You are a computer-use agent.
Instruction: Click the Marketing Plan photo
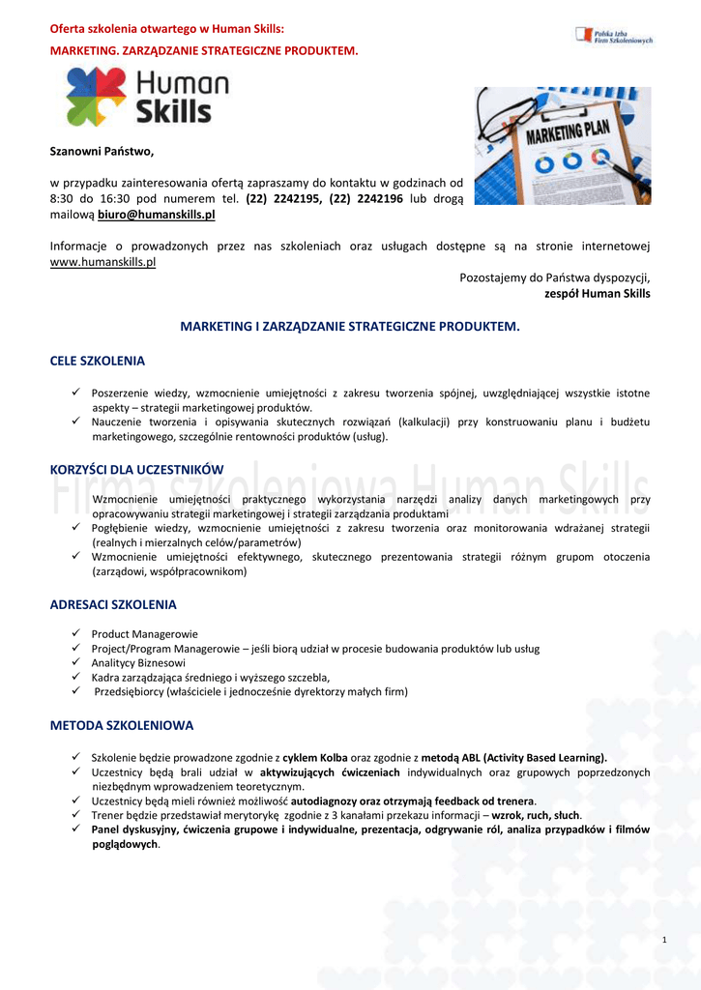pyautogui.click(x=562, y=145)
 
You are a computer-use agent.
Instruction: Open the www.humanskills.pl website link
pyautogui.click(x=102, y=262)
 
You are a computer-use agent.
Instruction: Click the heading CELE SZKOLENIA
pyautogui.click(x=97, y=362)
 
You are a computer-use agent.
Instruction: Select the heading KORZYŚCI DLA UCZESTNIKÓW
pyautogui.click(x=136, y=470)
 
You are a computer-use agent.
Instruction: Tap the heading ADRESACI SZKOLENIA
pyautogui.click(x=113, y=605)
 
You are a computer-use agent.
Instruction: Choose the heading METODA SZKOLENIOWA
pyautogui.click(x=122, y=725)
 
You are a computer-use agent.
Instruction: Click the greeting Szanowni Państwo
pyautogui.click(x=102, y=151)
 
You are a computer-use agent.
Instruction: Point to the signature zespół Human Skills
pyautogui.click(x=598, y=294)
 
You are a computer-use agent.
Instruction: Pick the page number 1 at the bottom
pyautogui.click(x=665, y=941)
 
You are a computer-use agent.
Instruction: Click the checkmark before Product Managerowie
pyautogui.click(x=75, y=633)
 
